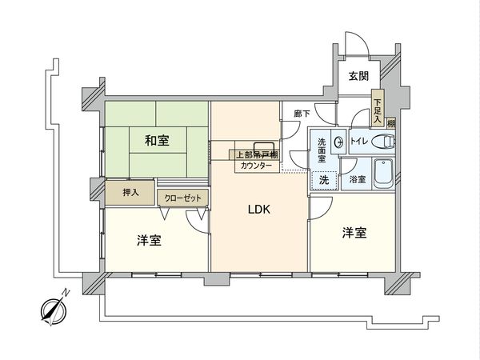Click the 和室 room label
click(157, 141)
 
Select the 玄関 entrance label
click(358, 76)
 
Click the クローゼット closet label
click(183, 197)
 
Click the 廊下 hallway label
click(301, 114)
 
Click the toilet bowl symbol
click(387, 142)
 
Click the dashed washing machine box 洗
click(323, 180)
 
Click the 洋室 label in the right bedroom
click(354, 233)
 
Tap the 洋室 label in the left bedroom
click(149, 240)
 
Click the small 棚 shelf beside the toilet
click(391, 123)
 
